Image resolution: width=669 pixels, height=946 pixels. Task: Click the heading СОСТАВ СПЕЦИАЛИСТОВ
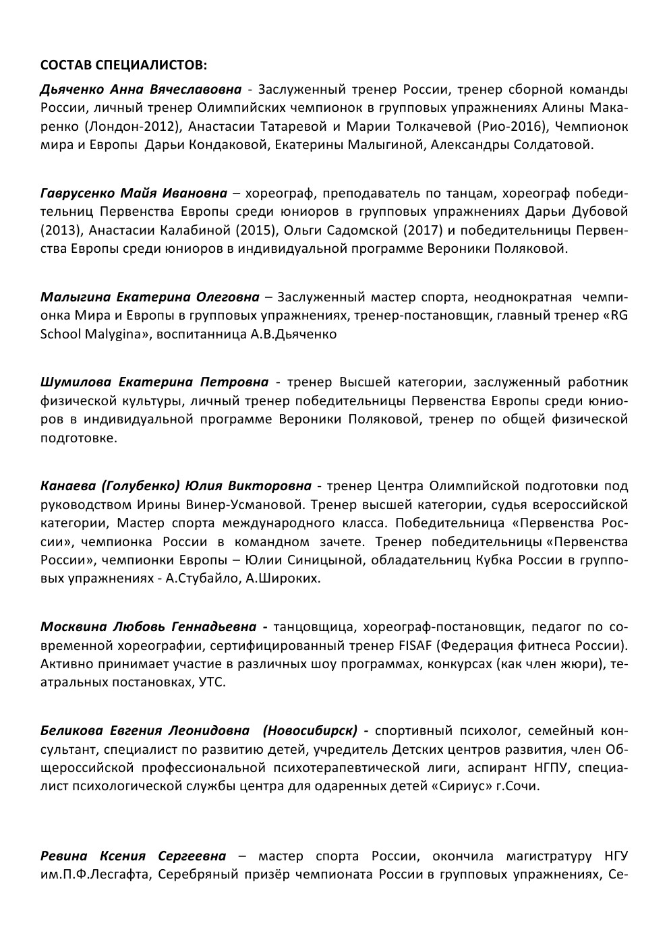coord(124,65)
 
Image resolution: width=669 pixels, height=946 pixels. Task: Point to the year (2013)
coord(59,231)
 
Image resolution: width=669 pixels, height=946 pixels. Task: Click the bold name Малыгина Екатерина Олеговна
coord(150,297)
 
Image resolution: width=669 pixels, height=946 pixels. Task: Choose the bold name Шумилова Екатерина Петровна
coord(154,382)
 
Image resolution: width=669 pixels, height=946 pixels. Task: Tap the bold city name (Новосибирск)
coord(310,730)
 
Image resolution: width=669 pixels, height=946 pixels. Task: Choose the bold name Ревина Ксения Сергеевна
coord(133,856)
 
